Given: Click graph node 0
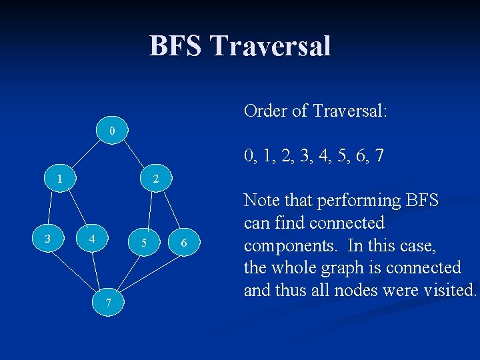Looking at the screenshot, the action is coord(113,130).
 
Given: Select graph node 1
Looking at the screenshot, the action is coord(60,179).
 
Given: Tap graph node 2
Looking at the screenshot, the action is coord(155,179).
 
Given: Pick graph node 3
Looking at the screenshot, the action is coord(47,238).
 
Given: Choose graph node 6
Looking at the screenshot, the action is coord(184,244).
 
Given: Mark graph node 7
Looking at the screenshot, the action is coord(108,303).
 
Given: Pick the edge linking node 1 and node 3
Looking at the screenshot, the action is coord(54,208).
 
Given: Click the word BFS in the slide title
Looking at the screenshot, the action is coord(175,46).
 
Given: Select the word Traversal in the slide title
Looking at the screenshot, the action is coord(269,46).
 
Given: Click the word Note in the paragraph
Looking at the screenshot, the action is coord(262,200).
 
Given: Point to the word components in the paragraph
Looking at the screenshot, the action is coord(288,245).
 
